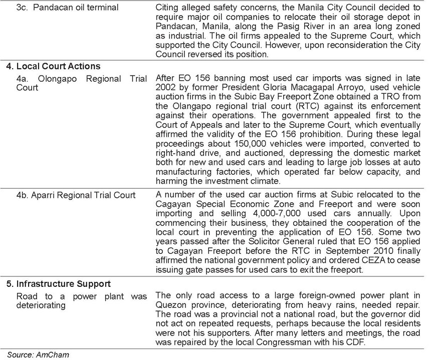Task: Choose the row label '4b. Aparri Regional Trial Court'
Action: (75, 195)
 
